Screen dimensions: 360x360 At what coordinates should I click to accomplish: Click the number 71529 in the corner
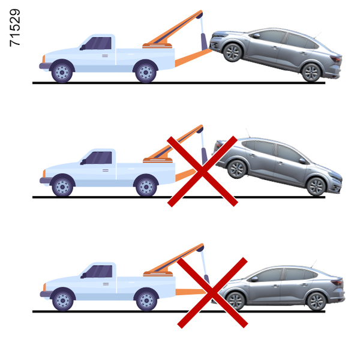(15, 28)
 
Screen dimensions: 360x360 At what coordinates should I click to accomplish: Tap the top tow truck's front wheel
(62, 73)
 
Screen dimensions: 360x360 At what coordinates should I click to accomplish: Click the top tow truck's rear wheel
(146, 73)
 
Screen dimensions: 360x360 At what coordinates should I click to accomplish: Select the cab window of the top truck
(98, 43)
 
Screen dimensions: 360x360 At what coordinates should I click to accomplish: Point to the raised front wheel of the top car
(233, 52)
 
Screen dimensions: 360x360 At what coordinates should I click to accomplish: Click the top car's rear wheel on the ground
(311, 73)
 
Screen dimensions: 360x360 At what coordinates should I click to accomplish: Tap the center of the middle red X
(202, 171)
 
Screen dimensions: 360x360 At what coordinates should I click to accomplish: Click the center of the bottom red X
(212, 293)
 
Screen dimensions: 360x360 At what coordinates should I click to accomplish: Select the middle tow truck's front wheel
(62, 187)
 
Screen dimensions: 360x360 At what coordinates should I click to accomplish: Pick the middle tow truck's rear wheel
(146, 187)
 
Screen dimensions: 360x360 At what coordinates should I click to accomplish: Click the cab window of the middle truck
(98, 157)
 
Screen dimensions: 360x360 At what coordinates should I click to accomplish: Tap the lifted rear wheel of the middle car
(237, 169)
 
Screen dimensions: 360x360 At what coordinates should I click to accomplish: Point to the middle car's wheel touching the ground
(316, 187)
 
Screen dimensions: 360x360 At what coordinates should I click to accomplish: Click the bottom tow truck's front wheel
(63, 301)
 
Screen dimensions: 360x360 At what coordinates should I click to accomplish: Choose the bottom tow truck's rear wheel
(147, 301)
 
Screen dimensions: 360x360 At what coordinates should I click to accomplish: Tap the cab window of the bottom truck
(99, 271)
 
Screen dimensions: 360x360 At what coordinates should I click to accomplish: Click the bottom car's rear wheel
(316, 301)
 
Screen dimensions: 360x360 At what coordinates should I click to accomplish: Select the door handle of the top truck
(105, 56)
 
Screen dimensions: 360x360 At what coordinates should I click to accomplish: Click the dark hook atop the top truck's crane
(199, 16)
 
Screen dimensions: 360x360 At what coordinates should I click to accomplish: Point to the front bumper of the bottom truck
(45, 294)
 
